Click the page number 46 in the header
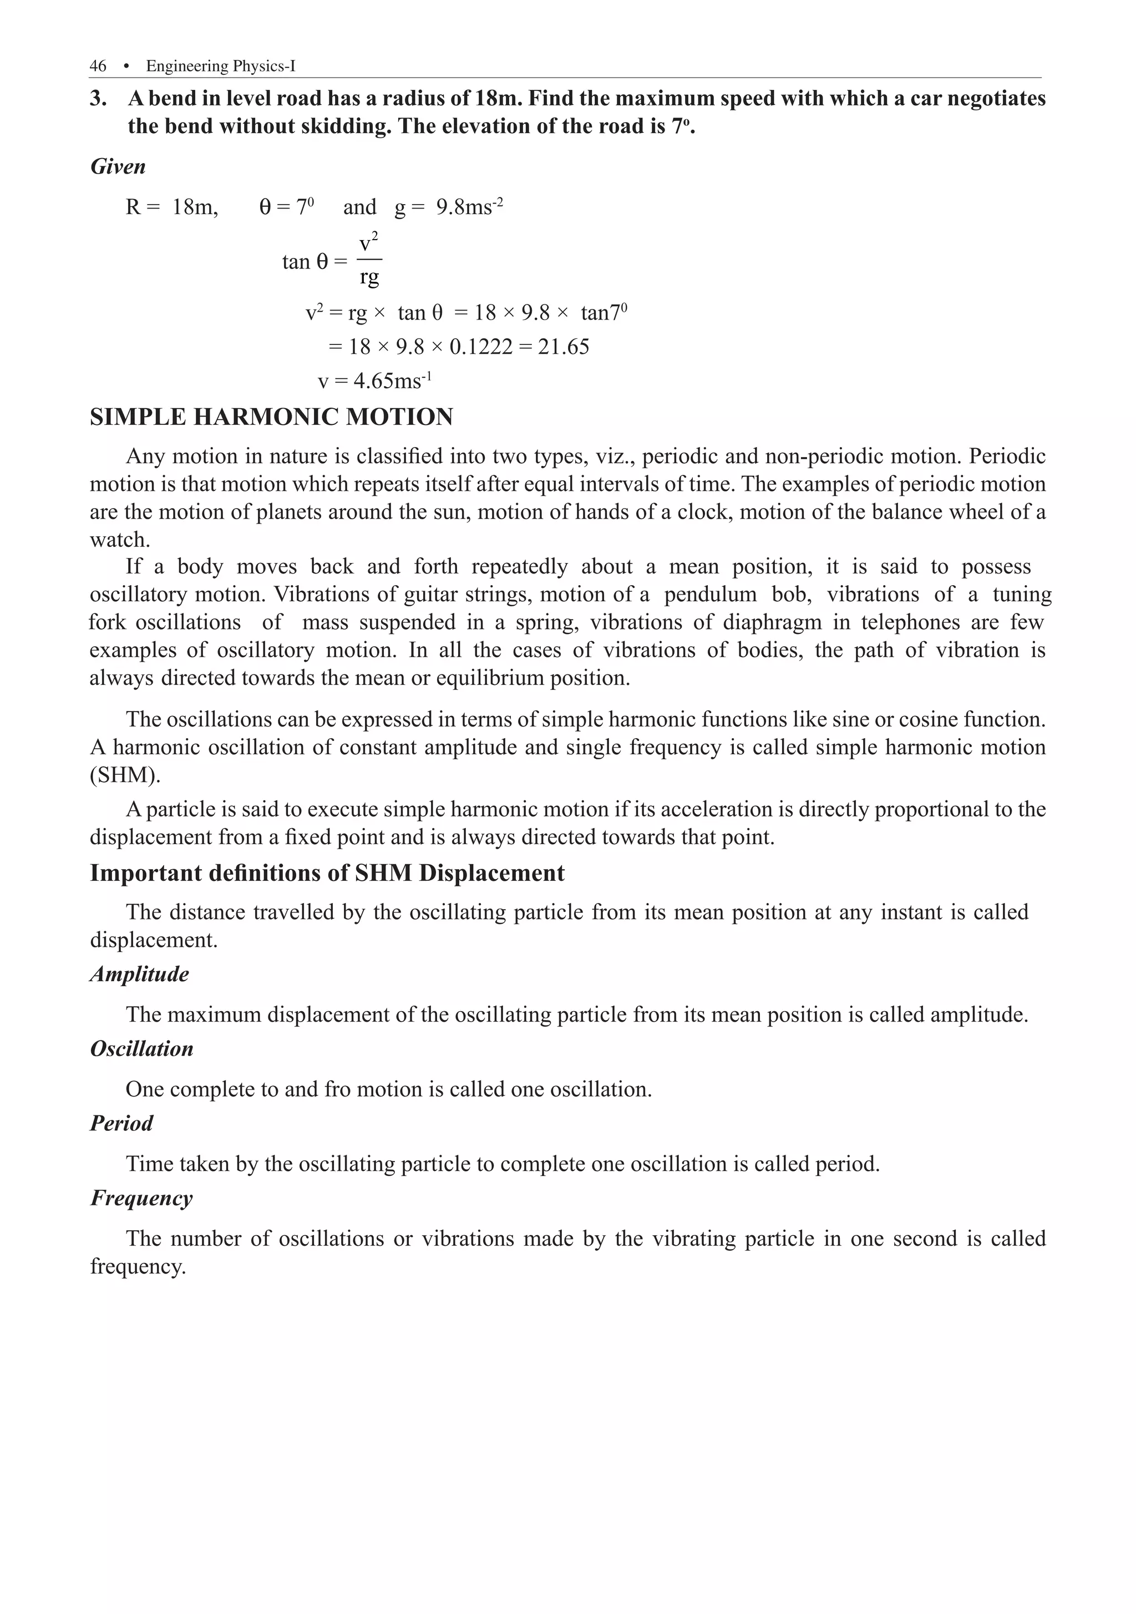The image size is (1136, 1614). pos(98,66)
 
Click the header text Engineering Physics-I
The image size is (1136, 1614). pos(221,66)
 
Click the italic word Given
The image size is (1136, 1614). pos(118,166)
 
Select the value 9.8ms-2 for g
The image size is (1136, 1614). pos(469,207)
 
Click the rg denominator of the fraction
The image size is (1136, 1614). pos(369,277)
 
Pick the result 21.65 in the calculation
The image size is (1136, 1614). pos(563,347)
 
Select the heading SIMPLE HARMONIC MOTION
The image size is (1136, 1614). pos(271,417)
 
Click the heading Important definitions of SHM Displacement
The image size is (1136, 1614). pos(327,873)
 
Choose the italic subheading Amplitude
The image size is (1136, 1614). pos(139,975)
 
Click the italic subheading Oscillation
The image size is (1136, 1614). pos(141,1049)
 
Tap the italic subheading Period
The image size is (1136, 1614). pos(121,1123)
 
